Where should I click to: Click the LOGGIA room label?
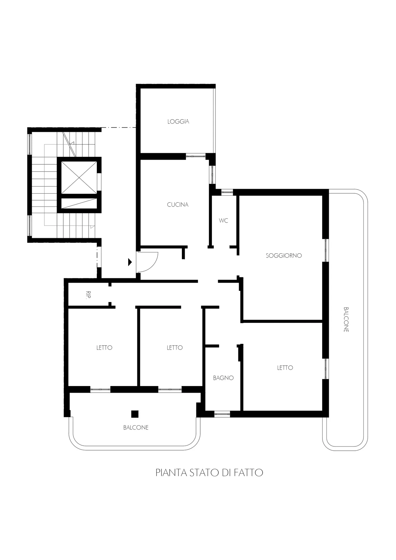(178, 122)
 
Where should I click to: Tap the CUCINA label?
(178, 205)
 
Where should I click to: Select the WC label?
(223, 220)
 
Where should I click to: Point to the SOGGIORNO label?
(284, 256)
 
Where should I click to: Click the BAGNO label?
(223, 378)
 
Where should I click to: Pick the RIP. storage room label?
(88, 295)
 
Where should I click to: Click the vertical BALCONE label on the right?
(346, 320)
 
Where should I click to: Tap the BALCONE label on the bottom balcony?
(136, 428)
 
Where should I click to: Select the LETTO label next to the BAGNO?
(285, 368)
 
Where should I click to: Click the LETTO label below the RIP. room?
(104, 348)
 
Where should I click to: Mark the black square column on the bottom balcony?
(135, 414)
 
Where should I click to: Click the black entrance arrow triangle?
(130, 262)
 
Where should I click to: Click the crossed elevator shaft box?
(79, 178)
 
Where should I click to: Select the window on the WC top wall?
(227, 192)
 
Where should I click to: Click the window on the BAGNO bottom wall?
(222, 414)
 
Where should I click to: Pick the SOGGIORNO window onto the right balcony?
(326, 250)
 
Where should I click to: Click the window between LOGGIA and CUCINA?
(195, 156)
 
